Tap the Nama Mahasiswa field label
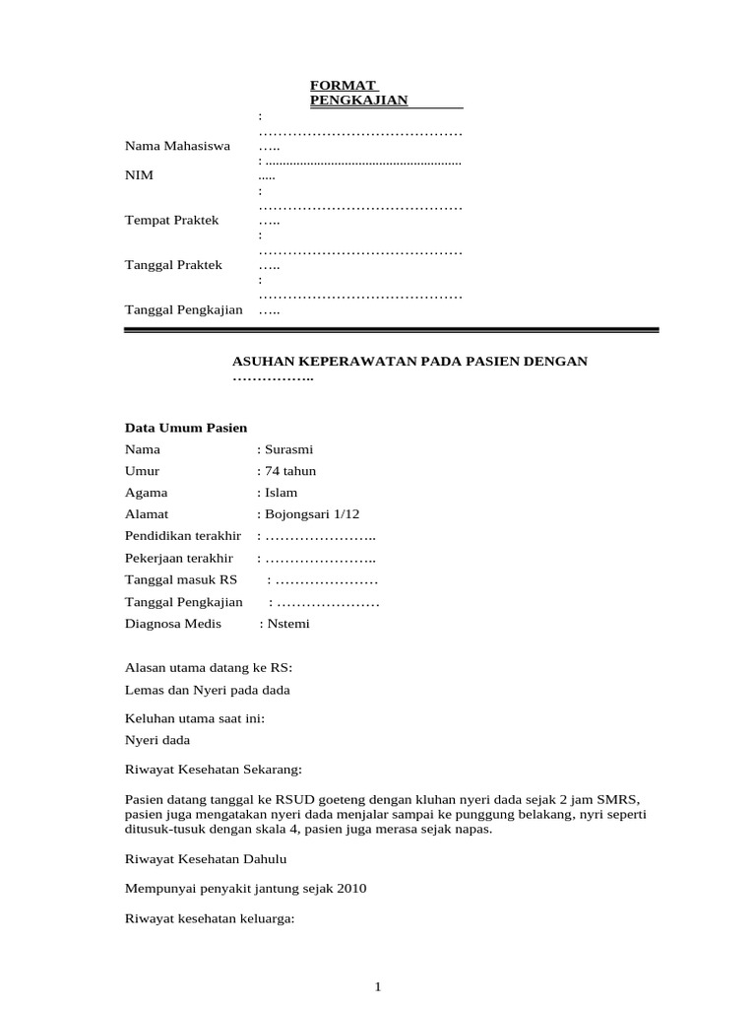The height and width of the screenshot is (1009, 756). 177,146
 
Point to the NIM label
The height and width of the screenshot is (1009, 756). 139,175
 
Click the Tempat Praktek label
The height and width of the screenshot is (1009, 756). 171,220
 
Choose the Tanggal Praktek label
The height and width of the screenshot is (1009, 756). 173,265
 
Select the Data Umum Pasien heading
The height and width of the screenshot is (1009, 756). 186,428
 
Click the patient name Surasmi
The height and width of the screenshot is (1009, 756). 288,449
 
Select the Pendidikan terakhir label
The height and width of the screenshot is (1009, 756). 183,536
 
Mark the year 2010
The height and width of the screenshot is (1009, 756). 351,888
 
